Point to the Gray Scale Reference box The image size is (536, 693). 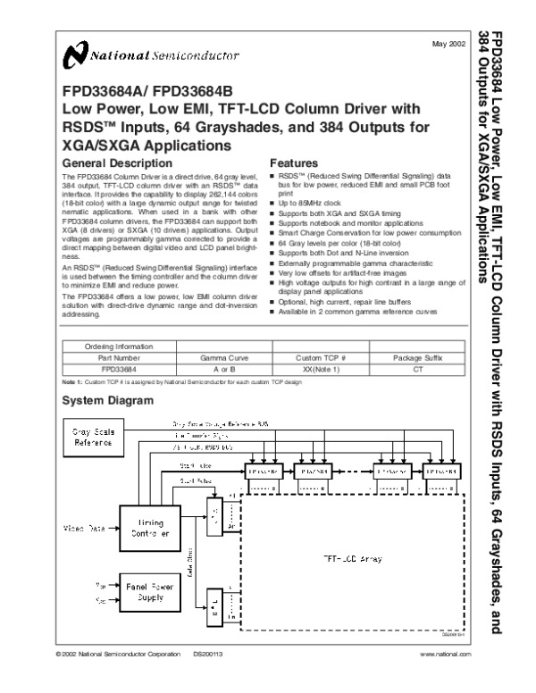tap(93, 437)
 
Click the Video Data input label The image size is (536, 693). tap(84, 528)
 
